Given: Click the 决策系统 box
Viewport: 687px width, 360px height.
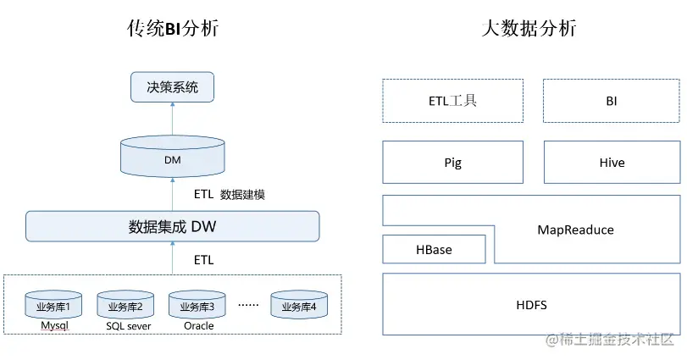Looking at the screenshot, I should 172,87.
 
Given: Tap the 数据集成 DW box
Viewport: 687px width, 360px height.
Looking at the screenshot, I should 172,226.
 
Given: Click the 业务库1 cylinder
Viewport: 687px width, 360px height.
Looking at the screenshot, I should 53,306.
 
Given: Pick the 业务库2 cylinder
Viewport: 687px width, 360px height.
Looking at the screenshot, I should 125,306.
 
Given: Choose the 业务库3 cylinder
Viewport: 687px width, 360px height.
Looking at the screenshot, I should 197,306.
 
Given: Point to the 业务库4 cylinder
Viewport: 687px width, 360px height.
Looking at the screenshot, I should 298,306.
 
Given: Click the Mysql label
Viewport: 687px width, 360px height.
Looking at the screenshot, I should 53,325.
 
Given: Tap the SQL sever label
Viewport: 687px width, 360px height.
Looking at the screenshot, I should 129,325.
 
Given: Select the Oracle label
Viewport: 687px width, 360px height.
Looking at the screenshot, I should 198,325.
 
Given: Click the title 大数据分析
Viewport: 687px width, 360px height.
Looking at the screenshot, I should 529,29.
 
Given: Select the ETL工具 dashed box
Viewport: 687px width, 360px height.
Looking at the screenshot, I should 452,101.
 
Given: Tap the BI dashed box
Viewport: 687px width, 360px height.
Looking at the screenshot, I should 611,101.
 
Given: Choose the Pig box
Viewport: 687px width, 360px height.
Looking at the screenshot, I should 452,163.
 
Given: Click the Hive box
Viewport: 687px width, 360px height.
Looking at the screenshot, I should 611,163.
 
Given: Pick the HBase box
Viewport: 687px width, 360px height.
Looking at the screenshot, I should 434,250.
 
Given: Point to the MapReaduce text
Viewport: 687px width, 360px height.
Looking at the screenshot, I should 575,230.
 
